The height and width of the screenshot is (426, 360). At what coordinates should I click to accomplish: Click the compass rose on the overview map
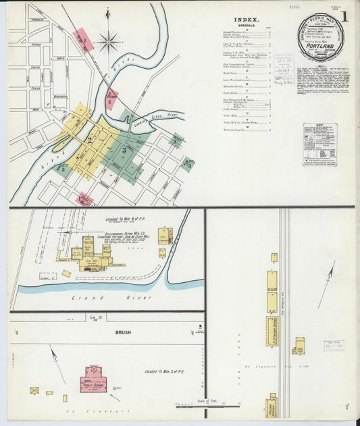click(x=108, y=42)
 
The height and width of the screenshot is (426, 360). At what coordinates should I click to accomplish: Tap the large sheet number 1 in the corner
click(x=344, y=19)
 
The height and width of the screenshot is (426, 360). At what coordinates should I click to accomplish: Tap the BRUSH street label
click(x=123, y=332)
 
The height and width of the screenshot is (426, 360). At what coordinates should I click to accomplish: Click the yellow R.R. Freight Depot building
click(x=272, y=331)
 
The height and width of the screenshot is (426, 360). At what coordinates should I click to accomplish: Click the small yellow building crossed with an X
click(x=34, y=391)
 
